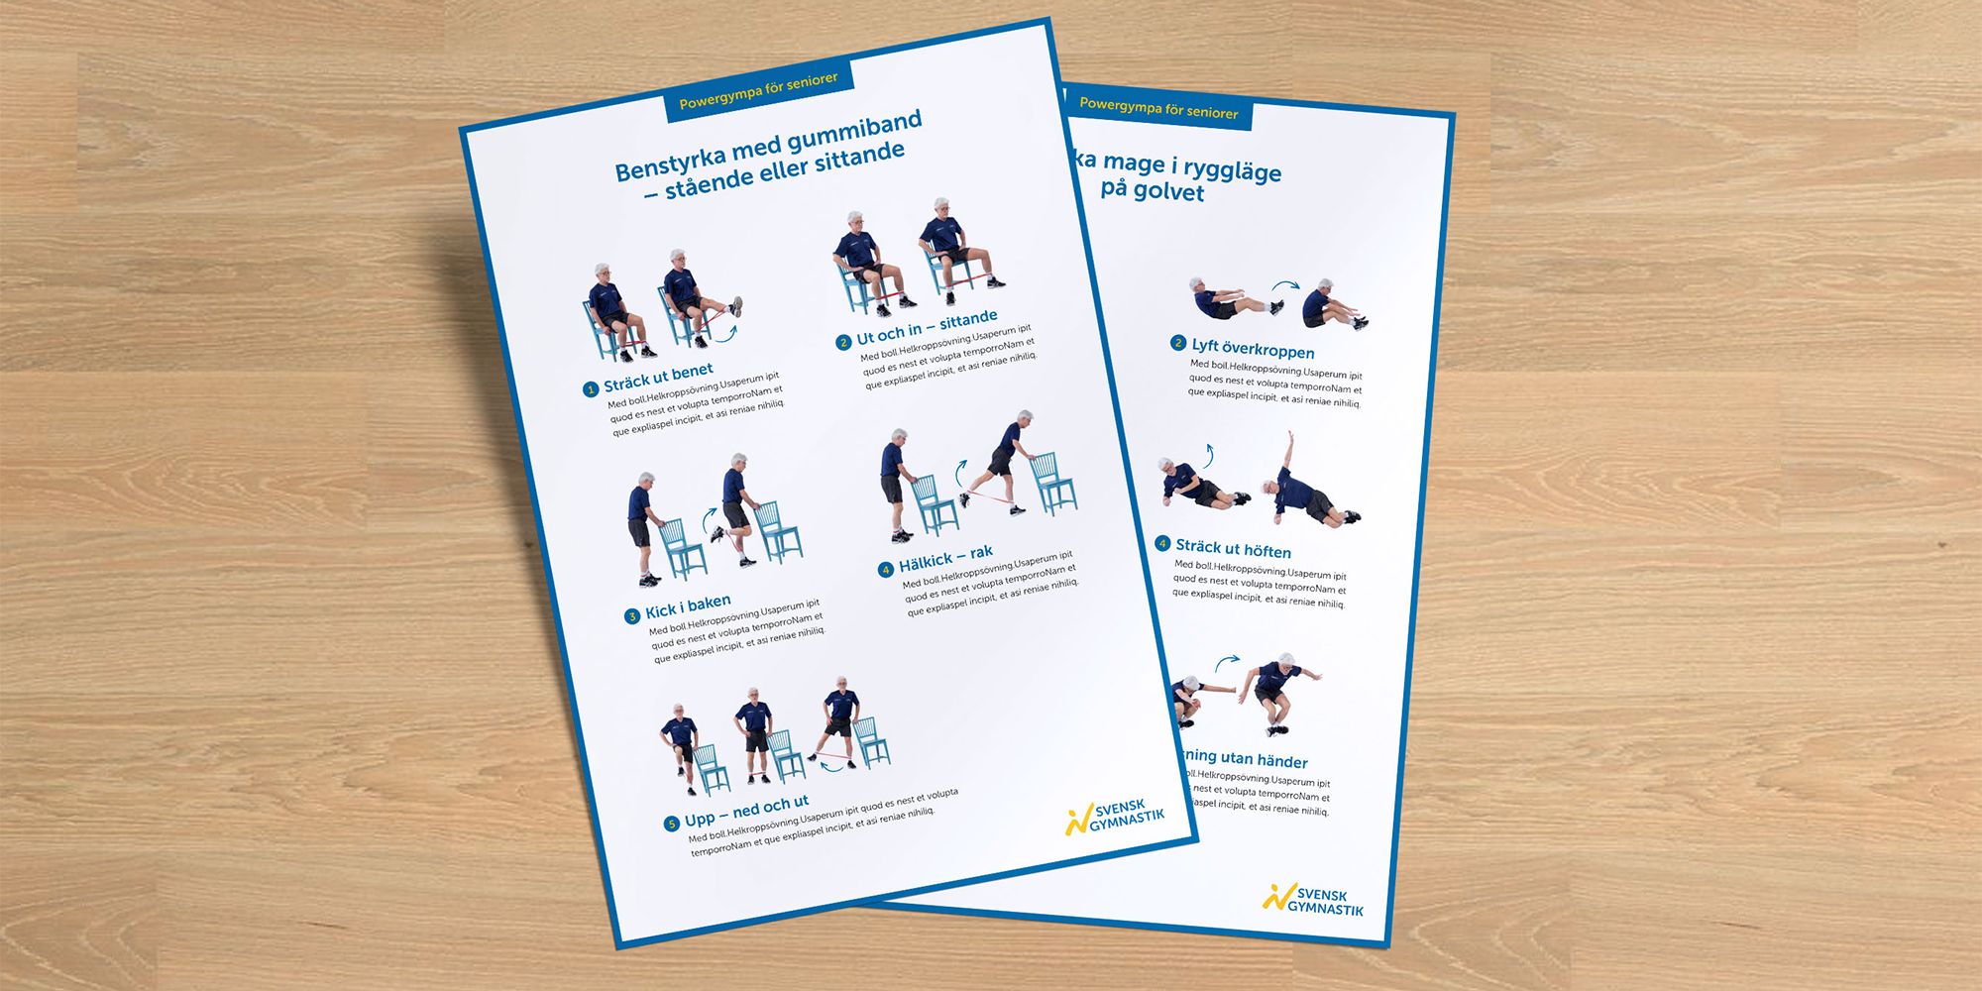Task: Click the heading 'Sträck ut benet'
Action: coord(658,377)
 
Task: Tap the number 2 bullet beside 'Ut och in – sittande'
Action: coord(843,342)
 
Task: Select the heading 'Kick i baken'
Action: coord(688,606)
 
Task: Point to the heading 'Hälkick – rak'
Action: coord(945,558)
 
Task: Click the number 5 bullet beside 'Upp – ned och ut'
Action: coord(671,824)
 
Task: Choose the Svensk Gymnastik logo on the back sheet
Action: coord(1313,900)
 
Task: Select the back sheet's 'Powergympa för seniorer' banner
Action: coord(1158,108)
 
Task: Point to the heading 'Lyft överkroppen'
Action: coord(1253,349)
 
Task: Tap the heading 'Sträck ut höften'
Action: coord(1233,548)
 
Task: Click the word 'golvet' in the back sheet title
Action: coord(1167,191)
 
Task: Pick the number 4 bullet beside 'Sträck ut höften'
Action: coord(1163,543)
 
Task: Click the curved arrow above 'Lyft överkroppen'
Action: coord(1285,286)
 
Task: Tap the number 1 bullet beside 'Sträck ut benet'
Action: coord(590,389)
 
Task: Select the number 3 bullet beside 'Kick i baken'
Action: coord(631,616)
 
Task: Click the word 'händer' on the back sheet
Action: coord(1282,762)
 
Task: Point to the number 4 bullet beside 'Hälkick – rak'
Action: coord(885,569)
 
